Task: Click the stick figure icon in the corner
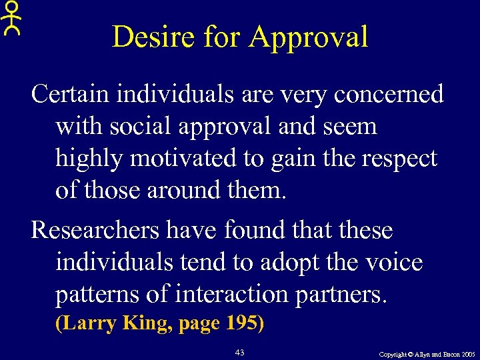click(x=11, y=18)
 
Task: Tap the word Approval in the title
click(x=308, y=37)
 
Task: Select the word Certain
click(x=70, y=94)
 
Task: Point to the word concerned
click(x=389, y=94)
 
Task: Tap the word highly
click(x=91, y=159)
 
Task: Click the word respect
click(x=399, y=159)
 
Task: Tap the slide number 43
click(x=241, y=351)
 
